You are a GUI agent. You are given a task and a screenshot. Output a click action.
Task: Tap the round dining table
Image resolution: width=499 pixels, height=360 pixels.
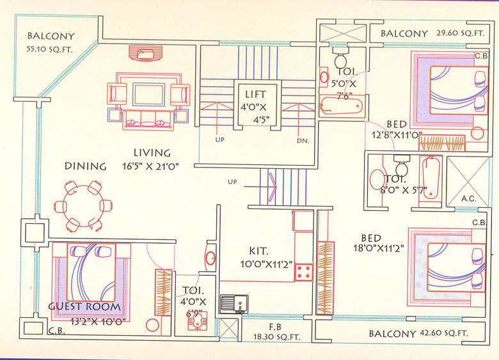84,207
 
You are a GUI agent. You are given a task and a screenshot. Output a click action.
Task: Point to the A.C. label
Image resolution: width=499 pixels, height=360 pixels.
469,199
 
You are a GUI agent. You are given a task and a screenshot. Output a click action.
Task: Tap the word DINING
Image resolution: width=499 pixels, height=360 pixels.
85,166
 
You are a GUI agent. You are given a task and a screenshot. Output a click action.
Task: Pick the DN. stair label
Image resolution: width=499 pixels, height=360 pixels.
303,141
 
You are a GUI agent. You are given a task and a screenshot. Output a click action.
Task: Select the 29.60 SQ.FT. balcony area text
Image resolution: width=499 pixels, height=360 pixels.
462,33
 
